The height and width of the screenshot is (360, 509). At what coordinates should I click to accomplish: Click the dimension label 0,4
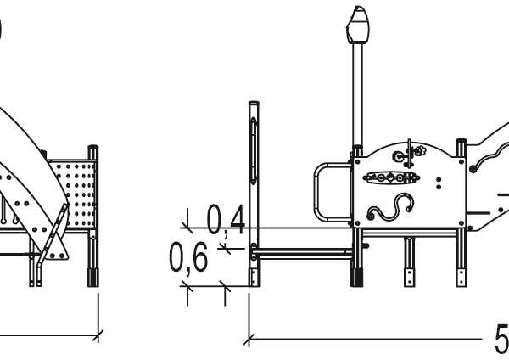226,220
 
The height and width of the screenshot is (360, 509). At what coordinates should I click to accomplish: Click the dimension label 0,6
188,257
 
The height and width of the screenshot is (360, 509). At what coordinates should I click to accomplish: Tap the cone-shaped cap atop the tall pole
358,25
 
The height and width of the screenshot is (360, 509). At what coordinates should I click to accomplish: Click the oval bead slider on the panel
391,177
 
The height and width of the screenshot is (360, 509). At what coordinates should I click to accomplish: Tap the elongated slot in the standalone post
254,151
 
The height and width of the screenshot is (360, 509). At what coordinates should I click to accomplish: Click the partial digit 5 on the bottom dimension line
502,339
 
